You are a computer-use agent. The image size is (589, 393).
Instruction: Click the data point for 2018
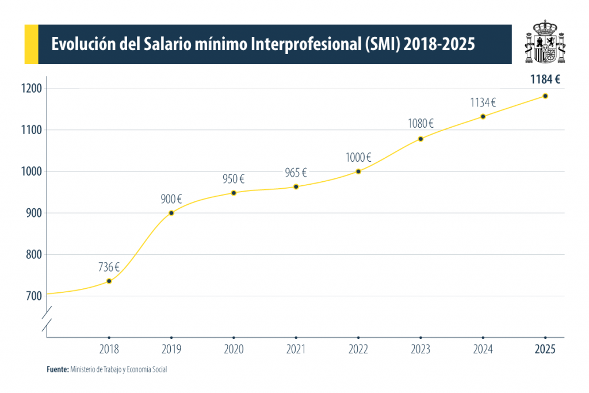(109, 281)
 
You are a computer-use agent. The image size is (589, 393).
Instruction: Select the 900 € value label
(171, 200)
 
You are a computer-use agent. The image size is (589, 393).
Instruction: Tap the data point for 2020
(234, 193)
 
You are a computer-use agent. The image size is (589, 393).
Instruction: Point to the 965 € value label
(296, 173)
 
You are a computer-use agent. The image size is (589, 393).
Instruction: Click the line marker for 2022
(358, 171)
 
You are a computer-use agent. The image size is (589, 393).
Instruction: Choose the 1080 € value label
(420, 123)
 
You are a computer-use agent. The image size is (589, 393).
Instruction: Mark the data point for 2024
(483, 116)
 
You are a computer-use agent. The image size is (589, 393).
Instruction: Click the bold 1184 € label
(545, 80)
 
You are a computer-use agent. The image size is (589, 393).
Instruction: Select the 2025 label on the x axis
(545, 349)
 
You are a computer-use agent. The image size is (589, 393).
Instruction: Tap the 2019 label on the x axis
(171, 349)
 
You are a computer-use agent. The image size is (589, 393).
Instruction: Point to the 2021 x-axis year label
(296, 349)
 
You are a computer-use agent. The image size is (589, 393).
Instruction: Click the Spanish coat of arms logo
(544, 43)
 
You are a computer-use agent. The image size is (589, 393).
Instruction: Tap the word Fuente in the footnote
(58, 369)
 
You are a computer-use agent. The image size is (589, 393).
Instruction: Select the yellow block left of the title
(30, 44)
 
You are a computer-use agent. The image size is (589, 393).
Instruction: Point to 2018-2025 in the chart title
(439, 44)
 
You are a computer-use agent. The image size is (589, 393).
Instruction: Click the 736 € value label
(109, 267)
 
